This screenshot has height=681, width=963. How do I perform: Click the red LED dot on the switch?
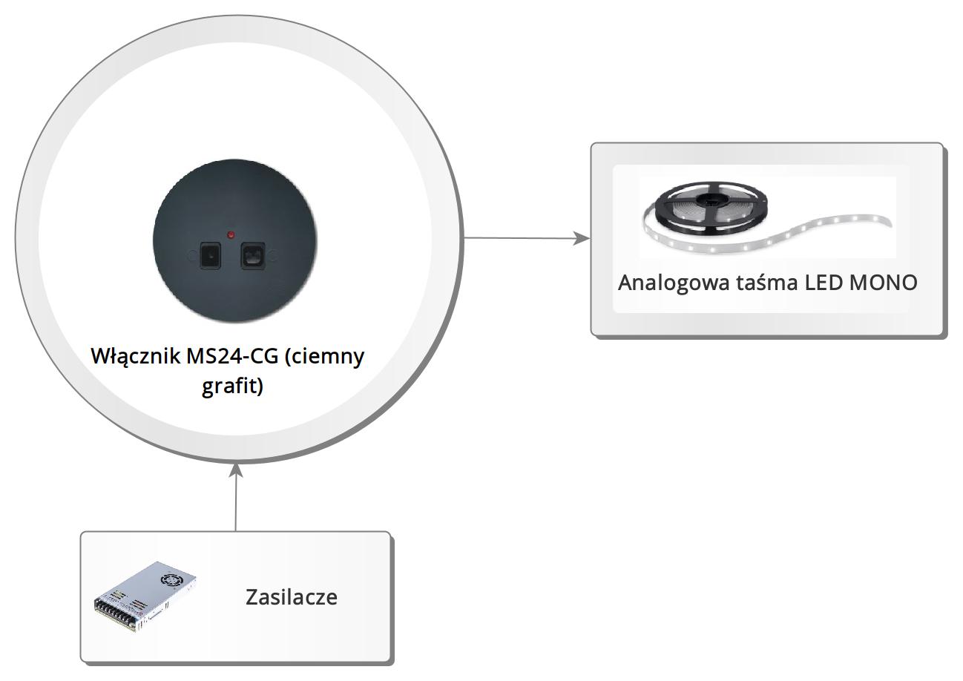click(231, 234)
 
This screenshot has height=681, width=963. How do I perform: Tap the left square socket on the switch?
click(210, 256)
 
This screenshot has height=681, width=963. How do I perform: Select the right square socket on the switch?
click(252, 256)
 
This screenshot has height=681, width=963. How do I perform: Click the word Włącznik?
click(136, 356)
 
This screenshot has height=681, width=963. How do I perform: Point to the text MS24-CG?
click(232, 356)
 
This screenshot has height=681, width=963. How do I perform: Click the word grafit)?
click(232, 386)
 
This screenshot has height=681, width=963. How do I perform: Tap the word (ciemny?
click(324, 358)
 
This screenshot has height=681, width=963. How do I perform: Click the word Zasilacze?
click(292, 596)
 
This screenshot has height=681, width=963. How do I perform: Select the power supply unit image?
click(145, 596)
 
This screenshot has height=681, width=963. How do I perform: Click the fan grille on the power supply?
click(172, 579)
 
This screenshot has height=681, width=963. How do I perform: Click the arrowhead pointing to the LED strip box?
click(582, 238)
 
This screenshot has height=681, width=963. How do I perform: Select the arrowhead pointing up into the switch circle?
click(236, 472)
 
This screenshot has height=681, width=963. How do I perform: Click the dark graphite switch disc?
click(235, 241)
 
